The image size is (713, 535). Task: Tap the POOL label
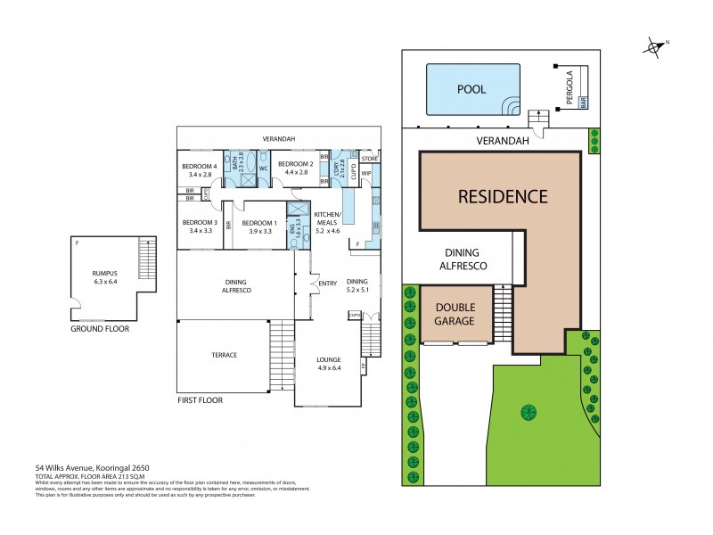(x=471, y=89)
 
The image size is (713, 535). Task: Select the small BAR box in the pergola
(x=584, y=103)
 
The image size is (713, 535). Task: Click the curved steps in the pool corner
(x=512, y=106)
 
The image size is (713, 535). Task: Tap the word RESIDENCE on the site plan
(x=503, y=196)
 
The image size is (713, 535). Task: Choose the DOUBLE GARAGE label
(x=455, y=313)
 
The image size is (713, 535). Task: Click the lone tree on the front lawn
(x=529, y=411)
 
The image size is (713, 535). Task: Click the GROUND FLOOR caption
(x=100, y=328)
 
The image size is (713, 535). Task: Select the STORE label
(x=370, y=158)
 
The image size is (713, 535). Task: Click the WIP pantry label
(x=366, y=173)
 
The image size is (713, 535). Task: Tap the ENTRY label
(x=327, y=284)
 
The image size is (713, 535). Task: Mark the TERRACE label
(x=224, y=355)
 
